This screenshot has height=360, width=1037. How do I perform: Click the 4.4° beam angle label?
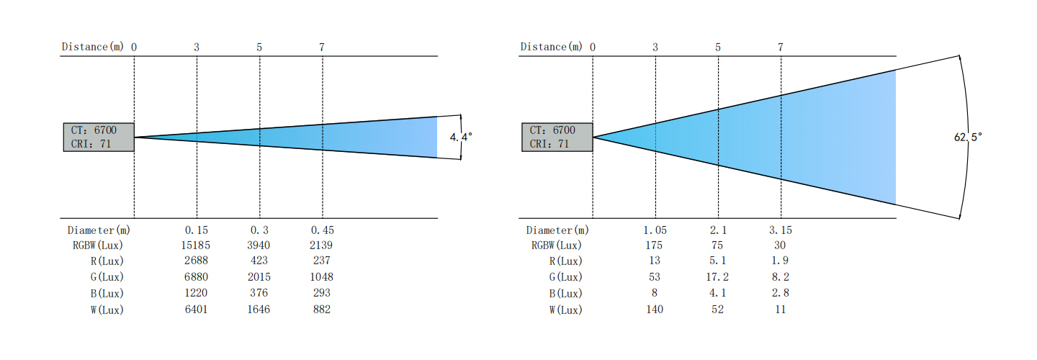tap(461, 137)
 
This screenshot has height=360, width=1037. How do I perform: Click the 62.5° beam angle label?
tap(968, 137)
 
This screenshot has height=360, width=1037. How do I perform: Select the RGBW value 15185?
tap(195, 246)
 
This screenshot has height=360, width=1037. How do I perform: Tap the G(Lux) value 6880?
tap(196, 276)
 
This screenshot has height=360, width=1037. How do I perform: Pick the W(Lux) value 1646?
tap(259, 309)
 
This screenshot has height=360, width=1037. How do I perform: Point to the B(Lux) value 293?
tap(321, 293)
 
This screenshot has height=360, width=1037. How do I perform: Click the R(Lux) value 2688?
tap(196, 261)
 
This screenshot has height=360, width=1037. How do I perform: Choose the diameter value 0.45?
tap(322, 230)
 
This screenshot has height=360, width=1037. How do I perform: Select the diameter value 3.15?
tap(781, 230)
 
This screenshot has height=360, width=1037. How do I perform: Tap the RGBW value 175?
tap(654, 246)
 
